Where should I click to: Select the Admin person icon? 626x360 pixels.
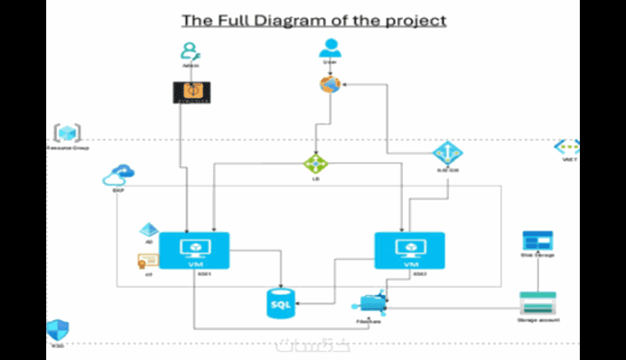click(x=189, y=51)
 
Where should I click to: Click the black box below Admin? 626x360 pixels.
click(x=191, y=92)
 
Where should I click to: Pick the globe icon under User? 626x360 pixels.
click(x=330, y=85)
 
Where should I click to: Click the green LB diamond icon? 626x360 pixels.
click(x=316, y=163)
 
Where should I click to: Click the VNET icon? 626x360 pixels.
click(x=567, y=146)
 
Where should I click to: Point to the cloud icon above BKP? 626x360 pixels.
click(x=119, y=175)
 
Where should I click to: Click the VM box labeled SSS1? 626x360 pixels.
click(x=194, y=250)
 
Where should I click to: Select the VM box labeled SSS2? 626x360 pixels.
click(x=409, y=250)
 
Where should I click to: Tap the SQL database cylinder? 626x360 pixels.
click(x=280, y=303)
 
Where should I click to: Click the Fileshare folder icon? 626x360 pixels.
click(x=370, y=304)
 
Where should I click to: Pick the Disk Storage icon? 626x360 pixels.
click(x=538, y=240)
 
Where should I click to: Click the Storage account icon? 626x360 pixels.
click(x=538, y=302)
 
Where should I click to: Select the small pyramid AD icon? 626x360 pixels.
click(x=148, y=230)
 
